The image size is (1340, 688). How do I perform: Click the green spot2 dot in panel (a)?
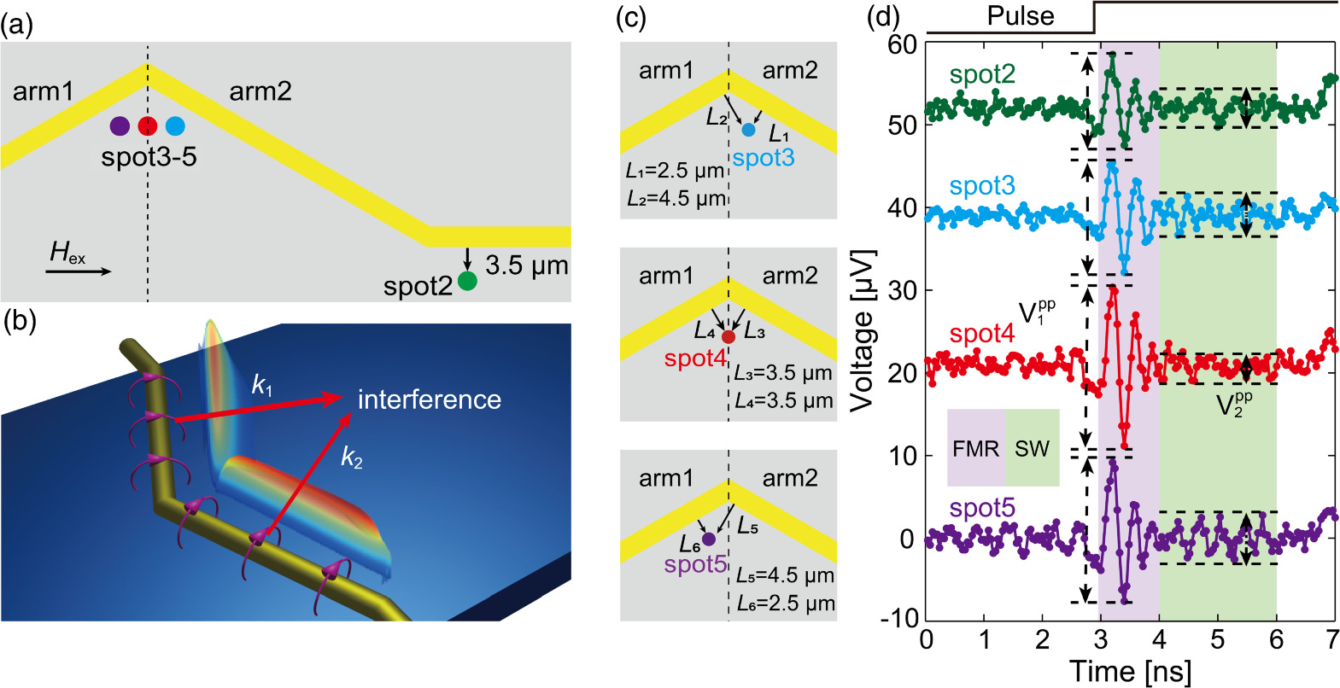466,281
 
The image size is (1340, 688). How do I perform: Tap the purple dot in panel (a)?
120,126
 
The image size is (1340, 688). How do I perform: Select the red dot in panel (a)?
148,126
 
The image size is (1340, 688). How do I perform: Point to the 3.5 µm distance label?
526,265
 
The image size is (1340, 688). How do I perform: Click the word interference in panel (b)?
429,399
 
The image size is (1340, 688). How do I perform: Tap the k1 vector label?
262,386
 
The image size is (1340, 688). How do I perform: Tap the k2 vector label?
352,458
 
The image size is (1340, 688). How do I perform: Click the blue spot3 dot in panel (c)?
749,130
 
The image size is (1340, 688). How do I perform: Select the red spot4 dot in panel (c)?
728,337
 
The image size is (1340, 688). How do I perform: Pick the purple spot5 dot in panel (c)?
708,539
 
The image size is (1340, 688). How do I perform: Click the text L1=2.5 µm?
675,171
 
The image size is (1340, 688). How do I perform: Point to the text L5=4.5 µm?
785,575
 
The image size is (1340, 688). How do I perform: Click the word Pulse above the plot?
1021,15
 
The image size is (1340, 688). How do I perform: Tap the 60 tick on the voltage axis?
902,44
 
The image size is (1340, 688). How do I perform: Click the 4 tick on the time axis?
1159,640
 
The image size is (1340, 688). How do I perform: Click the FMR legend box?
975,448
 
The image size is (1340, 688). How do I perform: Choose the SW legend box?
1032,448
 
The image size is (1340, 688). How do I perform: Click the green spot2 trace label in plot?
982,74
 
